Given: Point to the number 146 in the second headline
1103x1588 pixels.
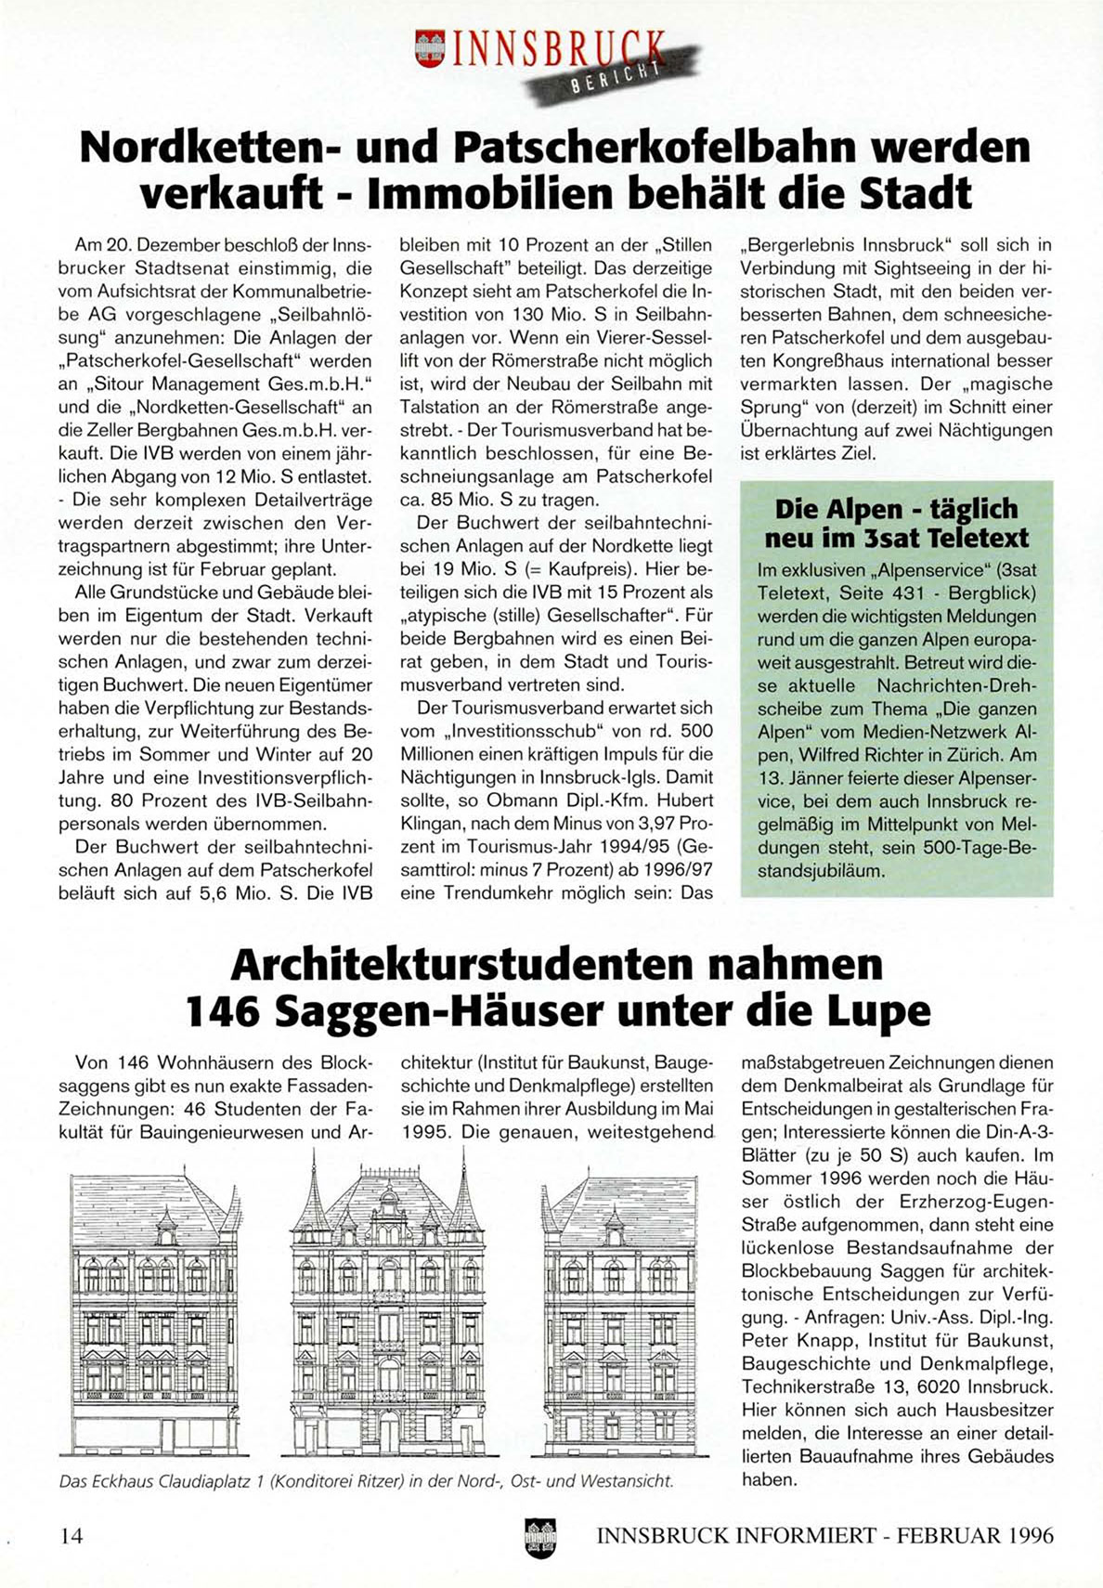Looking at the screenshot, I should point(223,1010).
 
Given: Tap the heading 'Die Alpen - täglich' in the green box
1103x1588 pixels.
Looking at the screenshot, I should point(896,509).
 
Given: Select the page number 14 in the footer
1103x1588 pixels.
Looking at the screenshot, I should point(71,1535).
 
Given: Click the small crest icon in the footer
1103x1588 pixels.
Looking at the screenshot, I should point(539,1537).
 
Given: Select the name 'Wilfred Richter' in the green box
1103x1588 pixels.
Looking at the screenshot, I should point(851,754).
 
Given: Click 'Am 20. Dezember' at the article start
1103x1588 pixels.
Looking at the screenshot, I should point(130,246).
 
